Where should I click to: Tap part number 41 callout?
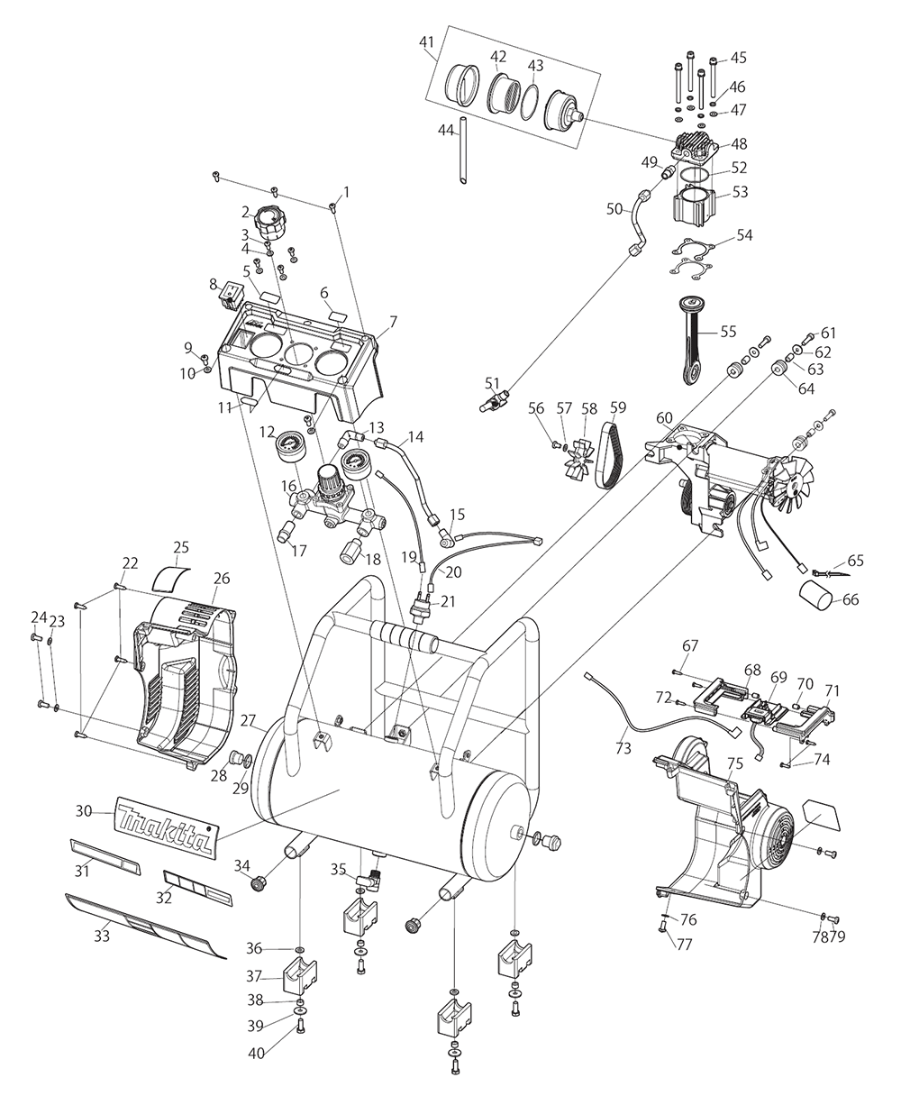click(426, 41)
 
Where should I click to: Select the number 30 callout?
click(84, 811)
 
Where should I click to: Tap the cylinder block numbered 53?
click(693, 205)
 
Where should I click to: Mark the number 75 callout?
click(735, 763)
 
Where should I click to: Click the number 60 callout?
click(664, 417)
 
